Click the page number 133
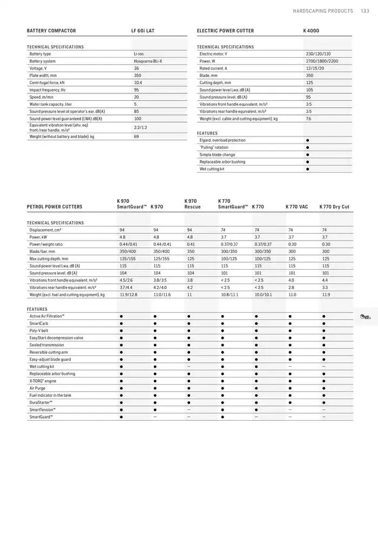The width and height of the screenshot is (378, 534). pyautogui.click(x=365, y=11)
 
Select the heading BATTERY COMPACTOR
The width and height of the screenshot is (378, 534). pyautogui.click(x=51, y=31)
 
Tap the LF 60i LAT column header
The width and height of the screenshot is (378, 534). pyautogui.click(x=143, y=31)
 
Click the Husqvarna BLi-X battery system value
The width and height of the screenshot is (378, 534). pyautogui.click(x=147, y=61)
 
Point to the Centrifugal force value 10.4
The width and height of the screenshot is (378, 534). pyautogui.click(x=138, y=83)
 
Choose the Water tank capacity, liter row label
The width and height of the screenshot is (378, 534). pyautogui.click(x=50, y=104)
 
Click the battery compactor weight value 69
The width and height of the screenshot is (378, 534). pyautogui.click(x=137, y=136)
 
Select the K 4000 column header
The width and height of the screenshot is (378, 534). pyautogui.click(x=312, y=31)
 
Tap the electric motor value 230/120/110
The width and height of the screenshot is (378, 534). pyautogui.click(x=318, y=54)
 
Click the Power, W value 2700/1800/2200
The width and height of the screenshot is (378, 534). pyautogui.click(x=322, y=61)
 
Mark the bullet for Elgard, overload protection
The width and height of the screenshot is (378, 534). pyautogui.click(x=307, y=140)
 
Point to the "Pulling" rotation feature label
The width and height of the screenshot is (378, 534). pyautogui.click(x=214, y=147)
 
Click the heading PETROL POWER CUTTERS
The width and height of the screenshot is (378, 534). pyautogui.click(x=55, y=207)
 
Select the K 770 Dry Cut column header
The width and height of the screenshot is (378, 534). pyautogui.click(x=334, y=207)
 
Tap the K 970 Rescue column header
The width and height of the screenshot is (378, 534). pyautogui.click(x=192, y=204)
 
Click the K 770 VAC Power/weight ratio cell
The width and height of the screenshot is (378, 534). pyautogui.click(x=292, y=244)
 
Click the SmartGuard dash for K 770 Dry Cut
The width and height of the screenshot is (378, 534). pyautogui.click(x=324, y=417)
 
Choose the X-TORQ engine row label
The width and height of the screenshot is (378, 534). pyautogui.click(x=43, y=381)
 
